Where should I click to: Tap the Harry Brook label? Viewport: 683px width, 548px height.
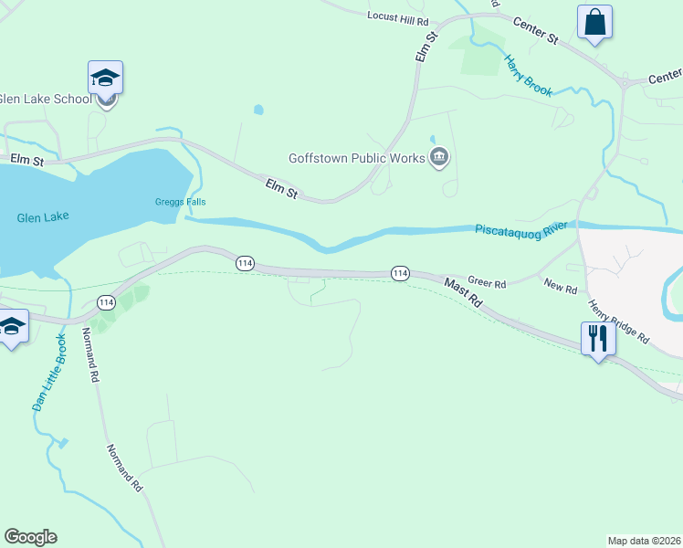(529, 75)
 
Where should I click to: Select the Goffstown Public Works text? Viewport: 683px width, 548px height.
(357, 157)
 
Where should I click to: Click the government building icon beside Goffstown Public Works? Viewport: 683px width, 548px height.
(440, 157)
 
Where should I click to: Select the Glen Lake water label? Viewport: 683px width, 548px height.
(43, 217)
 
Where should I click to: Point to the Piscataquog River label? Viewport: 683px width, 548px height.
(520, 227)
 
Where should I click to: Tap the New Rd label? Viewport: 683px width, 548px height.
(561, 288)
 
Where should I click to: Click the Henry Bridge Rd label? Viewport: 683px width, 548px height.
(618, 321)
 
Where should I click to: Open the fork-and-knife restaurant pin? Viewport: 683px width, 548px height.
(598, 338)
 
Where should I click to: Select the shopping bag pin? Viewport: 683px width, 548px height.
(594, 22)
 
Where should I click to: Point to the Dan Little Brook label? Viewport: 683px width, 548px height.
(49, 372)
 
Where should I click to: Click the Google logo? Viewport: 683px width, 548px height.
(30, 537)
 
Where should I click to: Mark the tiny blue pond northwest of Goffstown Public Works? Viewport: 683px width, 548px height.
(258, 110)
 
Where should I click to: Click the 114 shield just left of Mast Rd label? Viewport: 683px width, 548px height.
(400, 273)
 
